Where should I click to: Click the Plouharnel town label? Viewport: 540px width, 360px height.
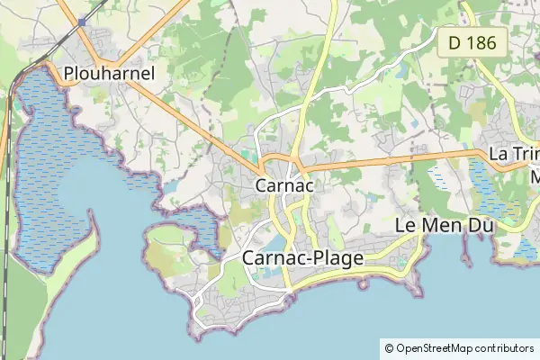tap(110, 73)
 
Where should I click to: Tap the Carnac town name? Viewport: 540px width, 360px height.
tap(284, 185)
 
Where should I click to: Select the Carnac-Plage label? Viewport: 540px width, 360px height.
tap(303, 258)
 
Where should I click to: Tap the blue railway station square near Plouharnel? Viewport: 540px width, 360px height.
tap(82, 21)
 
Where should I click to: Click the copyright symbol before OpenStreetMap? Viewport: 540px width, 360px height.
tap(389, 348)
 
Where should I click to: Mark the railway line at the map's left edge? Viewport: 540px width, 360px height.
tap(7, 225)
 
